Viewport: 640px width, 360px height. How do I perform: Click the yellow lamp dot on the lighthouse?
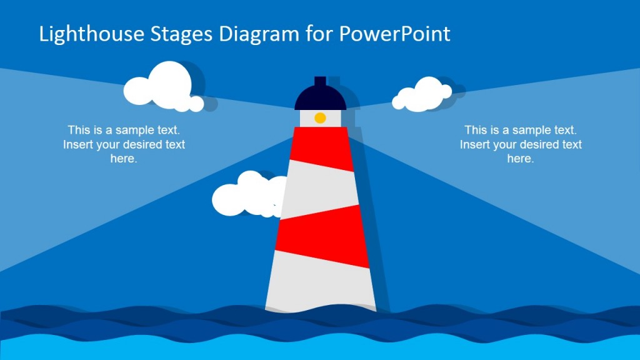(320, 117)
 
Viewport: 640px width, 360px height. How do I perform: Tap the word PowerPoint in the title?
(394, 34)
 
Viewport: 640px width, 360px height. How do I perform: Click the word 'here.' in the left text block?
(124, 159)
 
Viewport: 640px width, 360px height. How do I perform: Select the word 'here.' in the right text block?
(521, 159)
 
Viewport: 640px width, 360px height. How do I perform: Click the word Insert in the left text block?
(78, 144)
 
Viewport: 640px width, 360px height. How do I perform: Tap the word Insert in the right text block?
(475, 144)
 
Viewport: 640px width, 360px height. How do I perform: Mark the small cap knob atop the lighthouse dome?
(320, 81)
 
